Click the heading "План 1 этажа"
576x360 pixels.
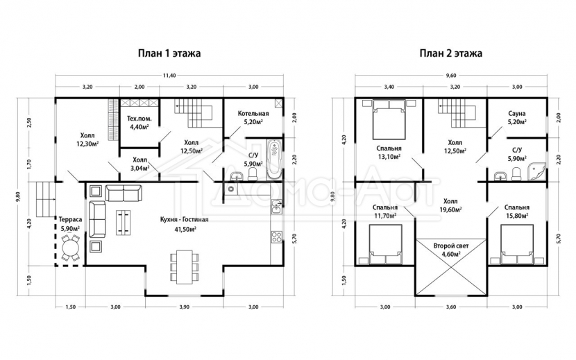pyautogui.click(x=169, y=53)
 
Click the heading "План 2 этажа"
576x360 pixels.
pyautogui.click(x=451, y=53)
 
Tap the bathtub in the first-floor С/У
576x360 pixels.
pyautogui.click(x=274, y=160)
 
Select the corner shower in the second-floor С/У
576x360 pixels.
pyautogui.click(x=536, y=171)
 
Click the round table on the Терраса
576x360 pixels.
pyautogui.click(x=70, y=248)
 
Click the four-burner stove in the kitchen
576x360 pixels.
pyautogui.click(x=277, y=237)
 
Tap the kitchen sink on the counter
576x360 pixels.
pyautogui.click(x=276, y=207)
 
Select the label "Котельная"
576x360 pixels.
pyautogui.click(x=253, y=114)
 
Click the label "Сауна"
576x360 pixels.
pyautogui.click(x=517, y=114)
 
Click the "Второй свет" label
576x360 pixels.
pyautogui.click(x=450, y=246)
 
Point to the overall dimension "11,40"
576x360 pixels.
pyautogui.click(x=169, y=76)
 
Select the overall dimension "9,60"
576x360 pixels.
pyautogui.click(x=450, y=76)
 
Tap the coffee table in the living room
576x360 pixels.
pyautogui.click(x=124, y=222)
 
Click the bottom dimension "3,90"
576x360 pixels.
pyautogui.click(x=184, y=307)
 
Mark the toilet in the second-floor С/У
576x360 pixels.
pyautogui.click(x=516, y=174)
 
